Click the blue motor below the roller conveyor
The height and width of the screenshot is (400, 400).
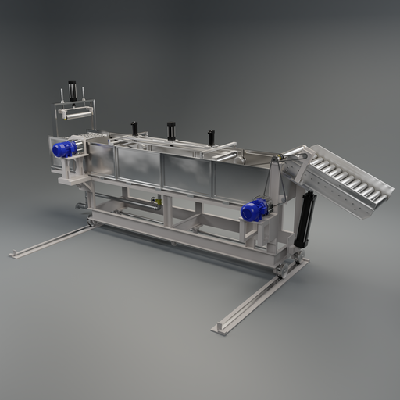255,209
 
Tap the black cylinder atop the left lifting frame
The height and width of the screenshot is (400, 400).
73,91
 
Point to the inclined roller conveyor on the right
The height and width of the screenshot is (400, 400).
344,180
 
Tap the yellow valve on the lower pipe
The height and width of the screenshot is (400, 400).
155,202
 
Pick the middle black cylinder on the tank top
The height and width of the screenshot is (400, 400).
171,130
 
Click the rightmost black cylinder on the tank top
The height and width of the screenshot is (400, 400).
211,137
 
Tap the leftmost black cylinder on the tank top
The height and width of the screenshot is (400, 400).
134,127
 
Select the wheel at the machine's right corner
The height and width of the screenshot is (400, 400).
280,271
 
